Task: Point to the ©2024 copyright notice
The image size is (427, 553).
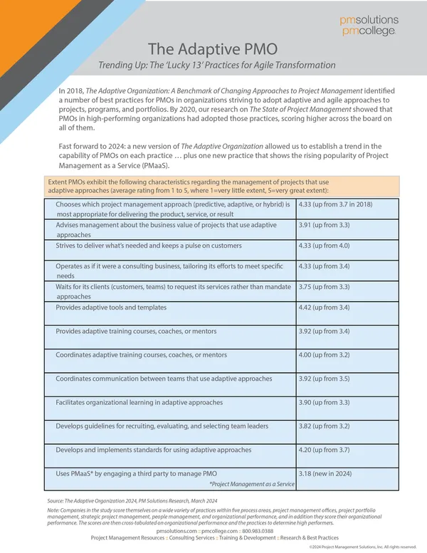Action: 362,547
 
